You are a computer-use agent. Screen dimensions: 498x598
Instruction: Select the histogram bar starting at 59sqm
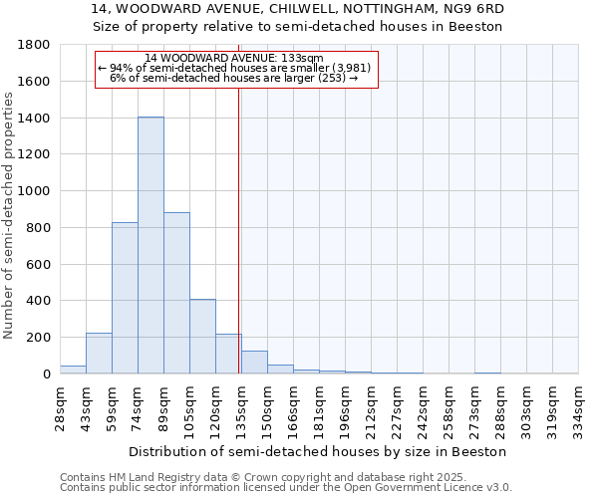(125, 298)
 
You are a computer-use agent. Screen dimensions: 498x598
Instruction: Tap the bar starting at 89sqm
(176, 293)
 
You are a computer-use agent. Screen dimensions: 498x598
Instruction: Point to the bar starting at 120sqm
(228, 355)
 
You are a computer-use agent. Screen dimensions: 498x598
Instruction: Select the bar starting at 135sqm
(254, 363)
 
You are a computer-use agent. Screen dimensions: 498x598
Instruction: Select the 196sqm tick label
(346, 408)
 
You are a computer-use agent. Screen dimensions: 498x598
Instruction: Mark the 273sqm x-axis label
(475, 408)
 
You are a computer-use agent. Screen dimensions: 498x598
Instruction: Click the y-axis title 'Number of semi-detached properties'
(10, 210)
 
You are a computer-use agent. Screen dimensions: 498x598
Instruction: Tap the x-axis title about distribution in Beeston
(319, 451)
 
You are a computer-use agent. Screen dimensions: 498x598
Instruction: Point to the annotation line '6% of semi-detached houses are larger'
(234, 77)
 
